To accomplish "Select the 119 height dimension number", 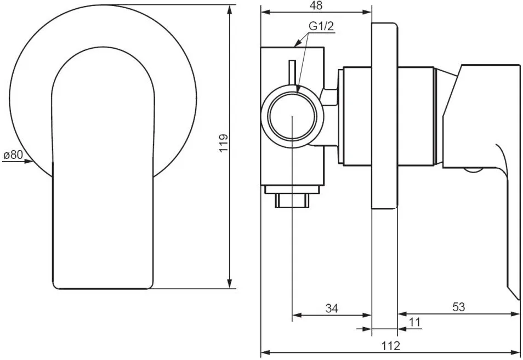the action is coord(224,142).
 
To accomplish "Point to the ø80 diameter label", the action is coord(13,155).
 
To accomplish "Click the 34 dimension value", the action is coord(332,308).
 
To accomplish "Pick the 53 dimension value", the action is coord(459,307).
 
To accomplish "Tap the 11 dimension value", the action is coord(414,322).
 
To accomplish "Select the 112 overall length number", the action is coord(390,346).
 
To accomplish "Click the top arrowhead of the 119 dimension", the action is coord(230,10).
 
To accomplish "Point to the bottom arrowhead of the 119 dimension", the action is coord(230,283).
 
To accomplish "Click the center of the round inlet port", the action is coord(292,116).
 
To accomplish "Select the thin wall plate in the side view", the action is coord(384,116).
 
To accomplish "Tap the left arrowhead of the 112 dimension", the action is coord(266,352).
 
